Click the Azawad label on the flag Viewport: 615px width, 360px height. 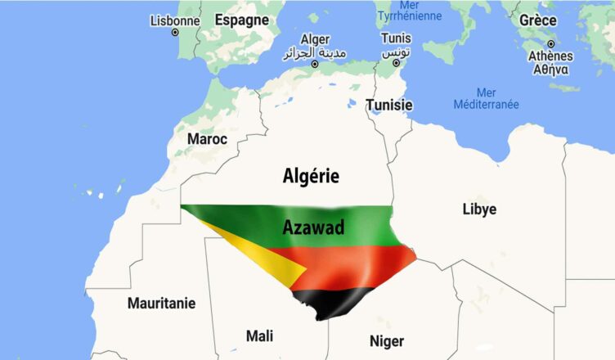point(313,227)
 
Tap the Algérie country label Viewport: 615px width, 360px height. point(311,175)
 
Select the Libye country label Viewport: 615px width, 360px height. point(479,209)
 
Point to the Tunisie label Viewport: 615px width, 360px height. point(389,105)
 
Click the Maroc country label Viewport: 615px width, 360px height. point(207,139)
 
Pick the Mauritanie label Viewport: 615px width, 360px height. point(162,304)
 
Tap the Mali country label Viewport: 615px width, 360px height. point(259,335)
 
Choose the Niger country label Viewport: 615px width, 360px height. point(387,340)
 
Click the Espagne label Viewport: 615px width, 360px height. point(241,20)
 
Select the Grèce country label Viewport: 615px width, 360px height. point(538,20)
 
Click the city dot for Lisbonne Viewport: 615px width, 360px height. point(175,33)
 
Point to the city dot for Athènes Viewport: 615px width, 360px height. point(551,44)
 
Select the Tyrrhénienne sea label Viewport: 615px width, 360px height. point(409,15)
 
